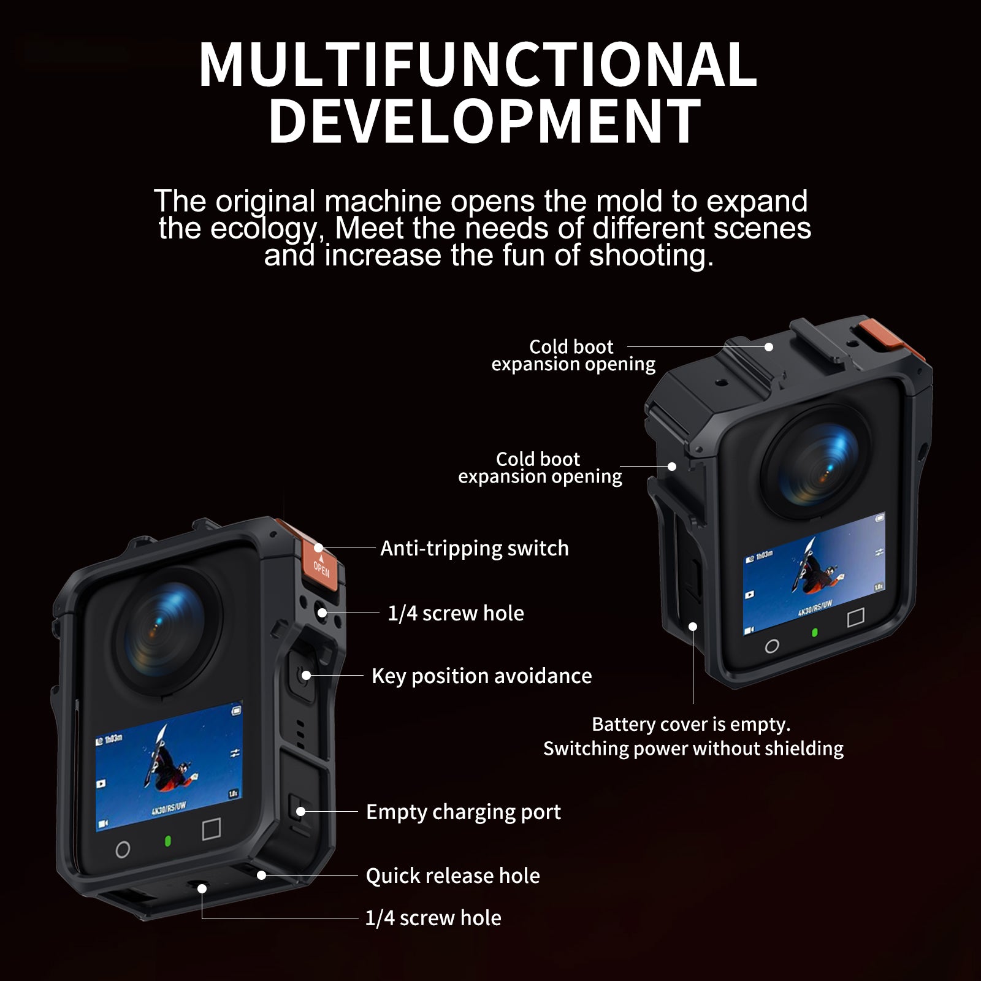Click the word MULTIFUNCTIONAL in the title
click(x=478, y=65)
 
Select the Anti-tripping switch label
click(x=475, y=548)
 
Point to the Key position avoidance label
click(x=482, y=676)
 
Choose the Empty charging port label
click(x=464, y=812)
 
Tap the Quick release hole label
click(x=453, y=876)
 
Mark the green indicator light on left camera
click(x=167, y=841)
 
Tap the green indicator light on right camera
click(x=814, y=632)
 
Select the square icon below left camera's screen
click(x=212, y=829)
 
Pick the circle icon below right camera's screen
click(x=773, y=646)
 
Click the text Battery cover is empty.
click(x=691, y=724)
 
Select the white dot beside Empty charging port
click(x=300, y=811)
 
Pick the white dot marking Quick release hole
click(x=262, y=875)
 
